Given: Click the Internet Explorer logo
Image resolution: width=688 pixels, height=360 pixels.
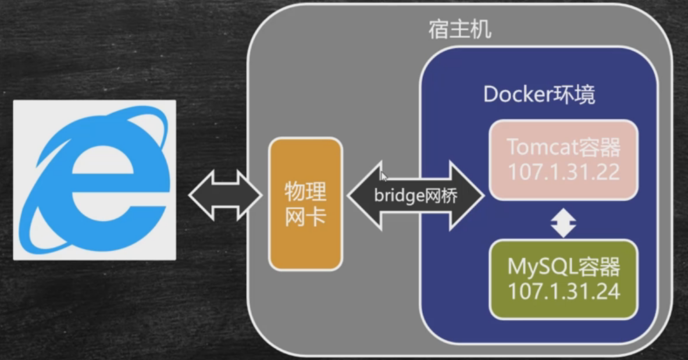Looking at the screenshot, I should pyautogui.click(x=95, y=179).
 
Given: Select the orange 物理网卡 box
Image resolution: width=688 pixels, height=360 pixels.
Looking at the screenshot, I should pyautogui.click(x=305, y=204).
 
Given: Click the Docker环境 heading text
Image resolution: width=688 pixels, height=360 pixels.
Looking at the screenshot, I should pyautogui.click(x=539, y=95).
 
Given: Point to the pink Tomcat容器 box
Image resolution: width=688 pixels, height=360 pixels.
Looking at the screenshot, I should pyautogui.click(x=563, y=159).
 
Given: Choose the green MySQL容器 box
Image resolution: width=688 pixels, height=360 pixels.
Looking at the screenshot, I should pyautogui.click(x=563, y=279).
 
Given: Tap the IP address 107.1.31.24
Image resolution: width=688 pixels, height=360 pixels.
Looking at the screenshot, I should pyautogui.click(x=564, y=291).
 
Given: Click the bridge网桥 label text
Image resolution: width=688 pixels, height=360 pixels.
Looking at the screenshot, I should pyautogui.click(x=415, y=195).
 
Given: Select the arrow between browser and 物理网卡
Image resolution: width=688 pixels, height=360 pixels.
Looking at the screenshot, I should pyautogui.click(x=226, y=195).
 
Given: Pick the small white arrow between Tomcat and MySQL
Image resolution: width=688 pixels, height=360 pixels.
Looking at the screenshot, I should pyautogui.click(x=563, y=223).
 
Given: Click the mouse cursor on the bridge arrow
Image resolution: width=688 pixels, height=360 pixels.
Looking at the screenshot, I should pyautogui.click(x=383, y=176).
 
